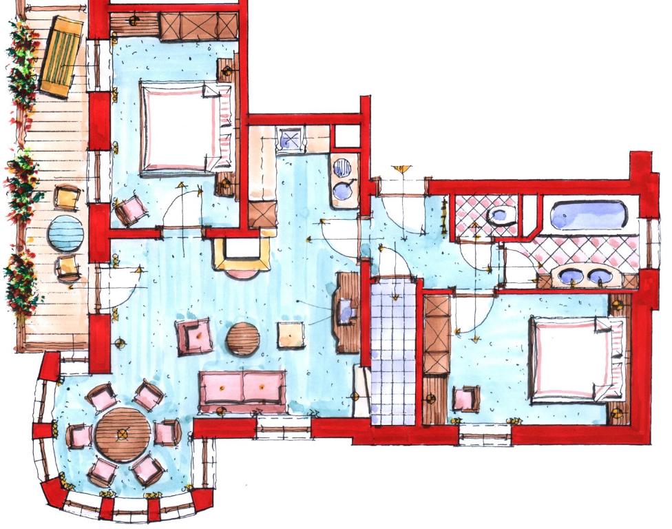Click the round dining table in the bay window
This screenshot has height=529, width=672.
[123, 434]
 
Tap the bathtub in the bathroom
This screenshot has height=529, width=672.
[589, 215]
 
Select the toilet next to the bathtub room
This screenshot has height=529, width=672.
[501, 215]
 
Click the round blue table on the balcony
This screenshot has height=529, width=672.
[66, 232]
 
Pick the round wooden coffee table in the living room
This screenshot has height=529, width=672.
[243, 338]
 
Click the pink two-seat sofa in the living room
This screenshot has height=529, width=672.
[242, 388]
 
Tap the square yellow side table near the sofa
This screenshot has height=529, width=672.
[291, 335]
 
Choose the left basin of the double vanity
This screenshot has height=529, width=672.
[570, 277]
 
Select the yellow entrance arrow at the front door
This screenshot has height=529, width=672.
[401, 169]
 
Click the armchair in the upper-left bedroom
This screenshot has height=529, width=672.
[131, 209]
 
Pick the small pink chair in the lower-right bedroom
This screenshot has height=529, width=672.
[466, 399]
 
